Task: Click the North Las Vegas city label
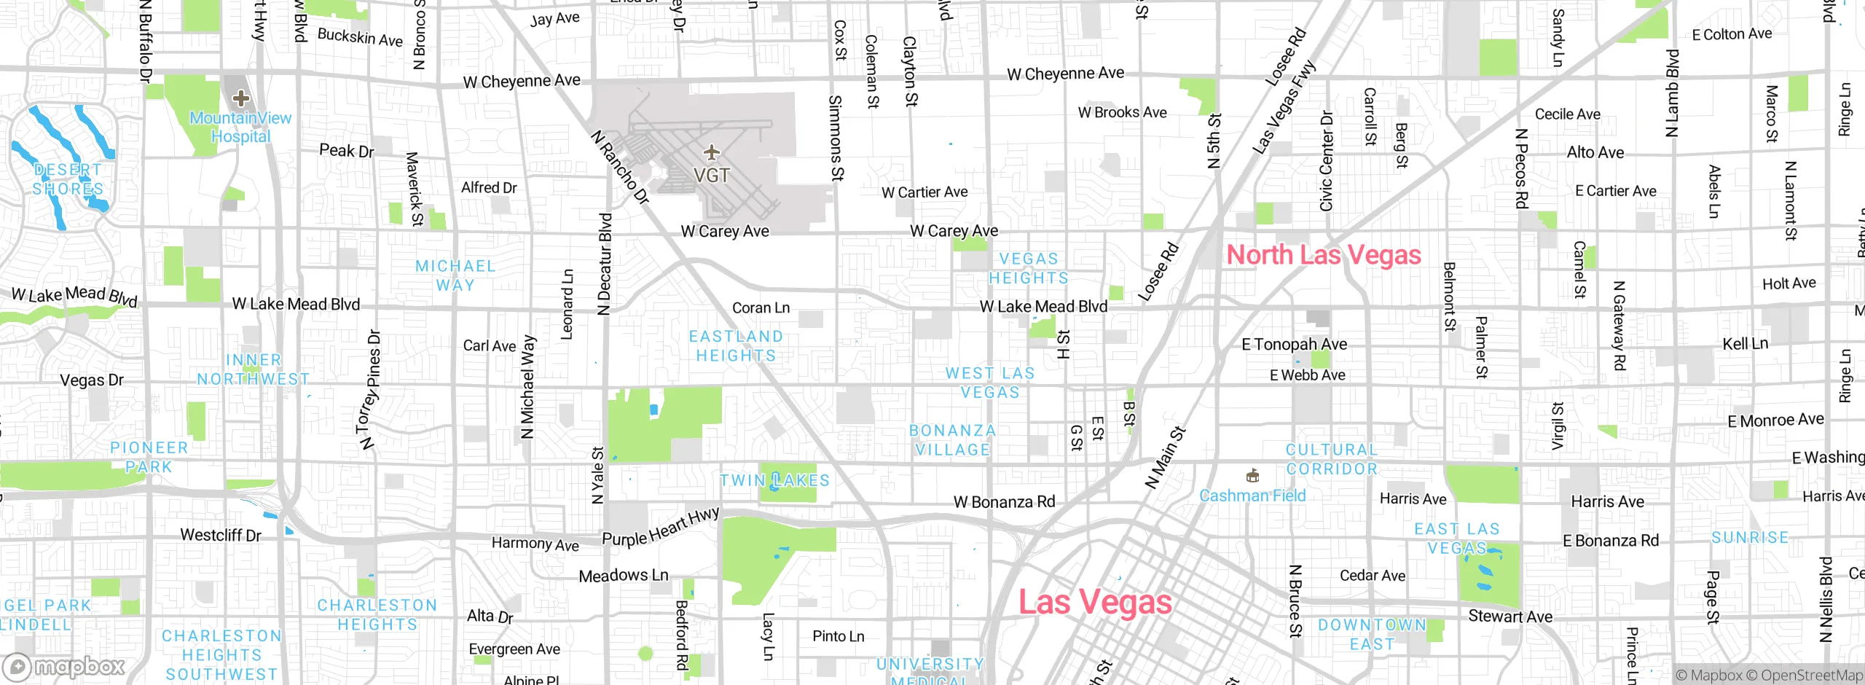1323,255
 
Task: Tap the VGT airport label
711,176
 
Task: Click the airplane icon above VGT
711,153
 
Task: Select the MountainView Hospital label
240,127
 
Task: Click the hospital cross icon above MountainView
240,98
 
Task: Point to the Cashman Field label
1252,496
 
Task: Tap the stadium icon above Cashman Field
1252,476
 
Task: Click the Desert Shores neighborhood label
68,179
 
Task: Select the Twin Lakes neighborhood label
774,480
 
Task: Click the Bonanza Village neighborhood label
952,440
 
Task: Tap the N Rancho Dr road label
619,167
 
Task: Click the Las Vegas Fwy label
1284,107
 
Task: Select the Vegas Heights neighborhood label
1028,268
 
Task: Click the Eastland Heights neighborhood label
736,345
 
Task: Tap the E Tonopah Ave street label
1294,344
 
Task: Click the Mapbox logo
64,666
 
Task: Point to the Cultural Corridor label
1331,459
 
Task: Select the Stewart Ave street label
1509,616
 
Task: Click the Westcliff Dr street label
220,535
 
